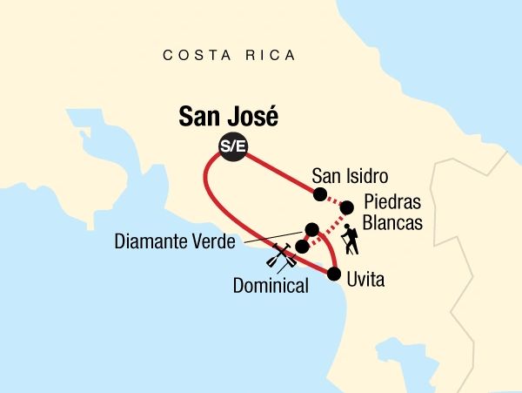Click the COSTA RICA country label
point(230,56)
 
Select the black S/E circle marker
point(233,147)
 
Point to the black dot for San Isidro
point(319,193)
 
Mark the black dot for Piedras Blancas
point(346,207)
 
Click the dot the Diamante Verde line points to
point(311,229)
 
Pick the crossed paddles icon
point(279,259)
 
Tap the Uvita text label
point(365,281)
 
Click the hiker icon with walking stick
point(351,241)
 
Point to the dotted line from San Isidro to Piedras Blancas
point(333,200)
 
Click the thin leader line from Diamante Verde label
point(270,237)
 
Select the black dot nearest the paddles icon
point(301,247)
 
